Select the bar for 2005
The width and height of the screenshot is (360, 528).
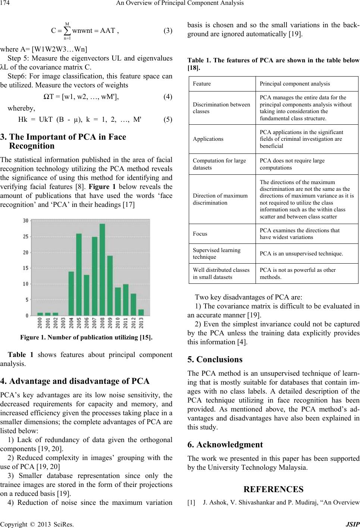(79, 274)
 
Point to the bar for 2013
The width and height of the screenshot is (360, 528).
(141, 312)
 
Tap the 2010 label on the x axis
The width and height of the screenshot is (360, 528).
(118, 322)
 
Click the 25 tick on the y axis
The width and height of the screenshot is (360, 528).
(26, 236)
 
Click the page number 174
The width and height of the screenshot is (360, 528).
(6, 3)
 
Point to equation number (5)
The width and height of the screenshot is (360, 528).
(168, 120)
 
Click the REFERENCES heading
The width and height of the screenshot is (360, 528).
(273, 489)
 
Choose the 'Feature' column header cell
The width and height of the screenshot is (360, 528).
(202, 84)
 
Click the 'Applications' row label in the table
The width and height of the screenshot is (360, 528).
(208, 139)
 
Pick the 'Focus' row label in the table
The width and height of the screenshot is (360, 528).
(200, 234)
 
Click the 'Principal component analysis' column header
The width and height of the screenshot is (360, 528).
(295, 84)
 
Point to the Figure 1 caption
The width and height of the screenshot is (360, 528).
(86, 338)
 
